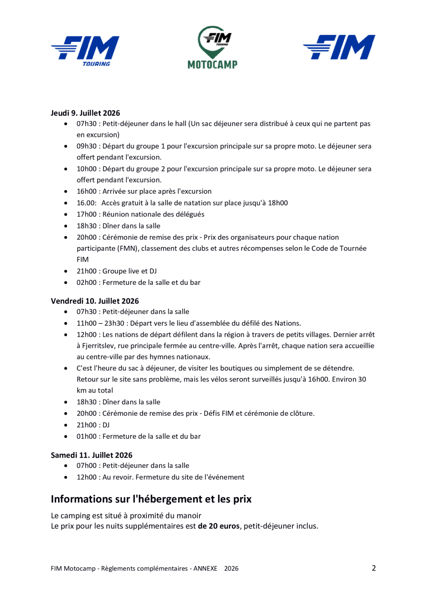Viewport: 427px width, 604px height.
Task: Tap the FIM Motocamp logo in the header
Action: click(213, 48)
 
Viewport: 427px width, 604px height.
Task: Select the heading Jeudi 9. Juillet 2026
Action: click(85, 112)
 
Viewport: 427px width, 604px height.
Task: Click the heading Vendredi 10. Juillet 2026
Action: click(95, 302)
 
